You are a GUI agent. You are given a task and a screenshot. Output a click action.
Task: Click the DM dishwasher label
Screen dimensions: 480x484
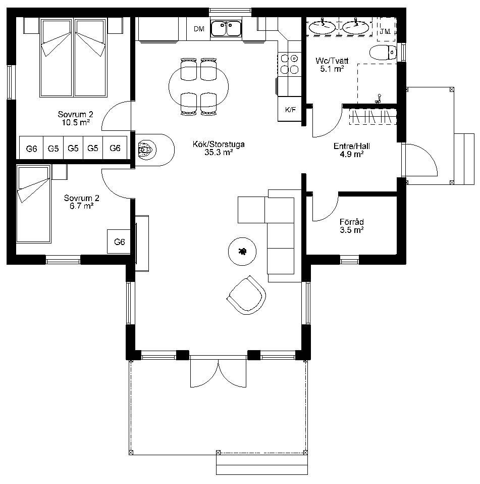point(199,29)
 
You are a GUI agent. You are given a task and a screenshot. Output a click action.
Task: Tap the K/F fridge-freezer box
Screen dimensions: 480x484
point(290,109)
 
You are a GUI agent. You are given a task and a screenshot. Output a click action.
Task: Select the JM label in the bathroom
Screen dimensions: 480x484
point(385,31)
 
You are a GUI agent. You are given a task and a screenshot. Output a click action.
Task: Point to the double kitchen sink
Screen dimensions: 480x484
point(226,28)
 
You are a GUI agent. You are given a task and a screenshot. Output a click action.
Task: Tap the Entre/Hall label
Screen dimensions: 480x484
point(351,146)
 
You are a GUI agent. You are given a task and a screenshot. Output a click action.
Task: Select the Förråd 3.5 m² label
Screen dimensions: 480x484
point(351,226)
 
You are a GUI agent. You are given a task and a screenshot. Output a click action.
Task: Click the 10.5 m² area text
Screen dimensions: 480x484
point(76,122)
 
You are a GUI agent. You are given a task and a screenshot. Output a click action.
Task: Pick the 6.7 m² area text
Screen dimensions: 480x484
point(81,206)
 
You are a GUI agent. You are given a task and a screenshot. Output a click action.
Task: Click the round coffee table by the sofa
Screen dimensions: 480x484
point(242,251)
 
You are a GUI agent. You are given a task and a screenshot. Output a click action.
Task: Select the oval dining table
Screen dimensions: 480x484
point(198,87)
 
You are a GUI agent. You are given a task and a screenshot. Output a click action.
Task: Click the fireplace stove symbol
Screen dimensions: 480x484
point(146,150)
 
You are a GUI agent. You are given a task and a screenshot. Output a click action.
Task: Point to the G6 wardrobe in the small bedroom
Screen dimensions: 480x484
point(119,241)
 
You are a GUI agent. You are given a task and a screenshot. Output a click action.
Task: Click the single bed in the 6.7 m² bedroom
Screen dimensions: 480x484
point(34,204)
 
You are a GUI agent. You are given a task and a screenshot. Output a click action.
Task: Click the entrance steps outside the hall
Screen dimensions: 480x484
point(464,159)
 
